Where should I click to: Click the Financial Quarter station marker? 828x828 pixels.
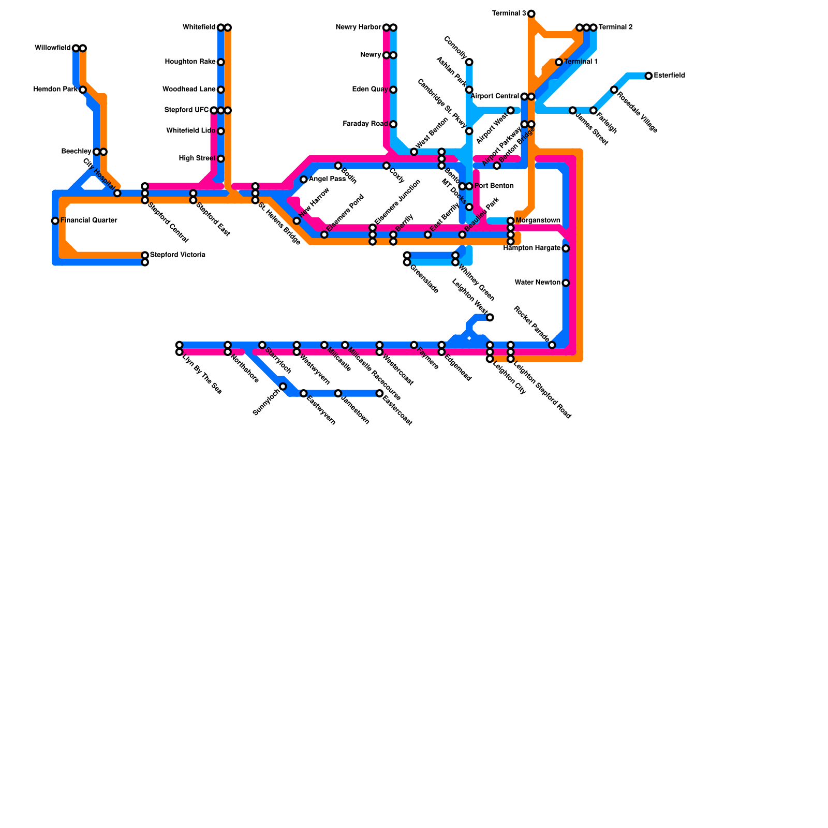(x=55, y=221)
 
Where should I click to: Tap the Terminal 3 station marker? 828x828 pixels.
(x=531, y=13)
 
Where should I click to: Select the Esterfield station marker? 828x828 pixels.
(x=648, y=76)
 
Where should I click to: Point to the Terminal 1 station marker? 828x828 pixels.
(x=559, y=62)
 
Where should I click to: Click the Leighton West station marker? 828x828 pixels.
(x=490, y=317)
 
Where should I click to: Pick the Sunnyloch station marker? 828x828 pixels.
(x=283, y=387)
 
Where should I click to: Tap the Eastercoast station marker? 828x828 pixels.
(x=379, y=393)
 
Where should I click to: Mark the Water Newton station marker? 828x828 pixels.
(x=566, y=283)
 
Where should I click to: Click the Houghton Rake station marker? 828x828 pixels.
(x=221, y=62)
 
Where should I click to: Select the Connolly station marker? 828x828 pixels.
(x=469, y=62)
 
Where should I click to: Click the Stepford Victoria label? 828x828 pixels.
(x=178, y=255)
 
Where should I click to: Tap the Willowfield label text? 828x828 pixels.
(x=52, y=48)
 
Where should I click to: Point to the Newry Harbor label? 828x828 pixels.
(x=358, y=27)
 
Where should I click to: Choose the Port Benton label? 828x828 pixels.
(x=494, y=186)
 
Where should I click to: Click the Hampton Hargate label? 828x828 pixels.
(x=531, y=248)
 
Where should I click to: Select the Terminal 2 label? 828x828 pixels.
(x=615, y=27)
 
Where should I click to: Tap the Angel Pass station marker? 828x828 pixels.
(x=304, y=180)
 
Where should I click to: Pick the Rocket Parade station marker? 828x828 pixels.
(x=552, y=345)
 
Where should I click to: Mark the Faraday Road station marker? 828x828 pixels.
(x=393, y=124)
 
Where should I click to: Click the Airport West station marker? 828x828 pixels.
(x=510, y=110)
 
